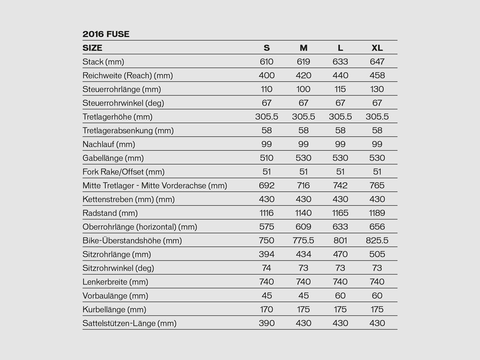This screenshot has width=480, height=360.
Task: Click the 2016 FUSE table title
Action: coord(106,34)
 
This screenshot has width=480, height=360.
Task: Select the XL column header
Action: coord(377,48)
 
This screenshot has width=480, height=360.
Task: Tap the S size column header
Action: coord(266,48)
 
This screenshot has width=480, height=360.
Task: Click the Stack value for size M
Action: coord(303,62)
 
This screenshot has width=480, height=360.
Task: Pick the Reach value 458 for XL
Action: coord(377,76)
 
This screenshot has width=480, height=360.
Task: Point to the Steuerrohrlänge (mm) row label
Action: coord(121,89)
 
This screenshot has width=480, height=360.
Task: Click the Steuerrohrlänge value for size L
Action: coord(340,89)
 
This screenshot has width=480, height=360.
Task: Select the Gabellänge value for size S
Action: coord(266,158)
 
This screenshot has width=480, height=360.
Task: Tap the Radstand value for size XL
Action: coord(377,213)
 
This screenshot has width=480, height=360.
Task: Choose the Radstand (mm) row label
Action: coord(110,213)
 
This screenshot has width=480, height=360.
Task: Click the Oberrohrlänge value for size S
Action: coord(266,227)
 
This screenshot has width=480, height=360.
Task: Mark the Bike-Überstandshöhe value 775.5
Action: coord(303,241)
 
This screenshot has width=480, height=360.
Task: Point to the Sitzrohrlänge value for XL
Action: coord(377,254)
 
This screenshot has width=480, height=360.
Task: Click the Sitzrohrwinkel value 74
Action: coord(266,268)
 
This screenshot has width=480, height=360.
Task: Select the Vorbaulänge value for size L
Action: coord(340,296)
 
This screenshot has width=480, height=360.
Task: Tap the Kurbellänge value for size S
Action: coord(266,310)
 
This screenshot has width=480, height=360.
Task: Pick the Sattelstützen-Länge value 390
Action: coord(266,323)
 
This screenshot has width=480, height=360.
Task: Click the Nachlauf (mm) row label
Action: coord(109,145)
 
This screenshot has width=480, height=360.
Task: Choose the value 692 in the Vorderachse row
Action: coord(266,186)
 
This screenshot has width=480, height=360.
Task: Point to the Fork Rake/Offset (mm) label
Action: coord(123,172)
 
